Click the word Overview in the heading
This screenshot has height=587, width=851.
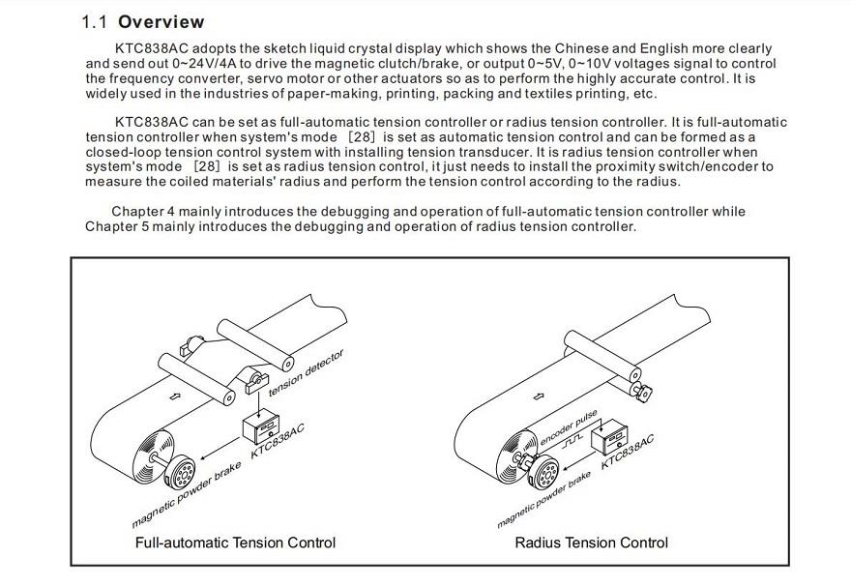click(161, 21)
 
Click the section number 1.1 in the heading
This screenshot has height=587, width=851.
click(96, 21)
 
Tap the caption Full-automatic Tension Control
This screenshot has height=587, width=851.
click(235, 543)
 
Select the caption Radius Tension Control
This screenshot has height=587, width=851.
click(591, 543)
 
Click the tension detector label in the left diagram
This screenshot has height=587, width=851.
click(306, 371)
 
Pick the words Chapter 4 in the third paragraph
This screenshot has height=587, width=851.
click(145, 212)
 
